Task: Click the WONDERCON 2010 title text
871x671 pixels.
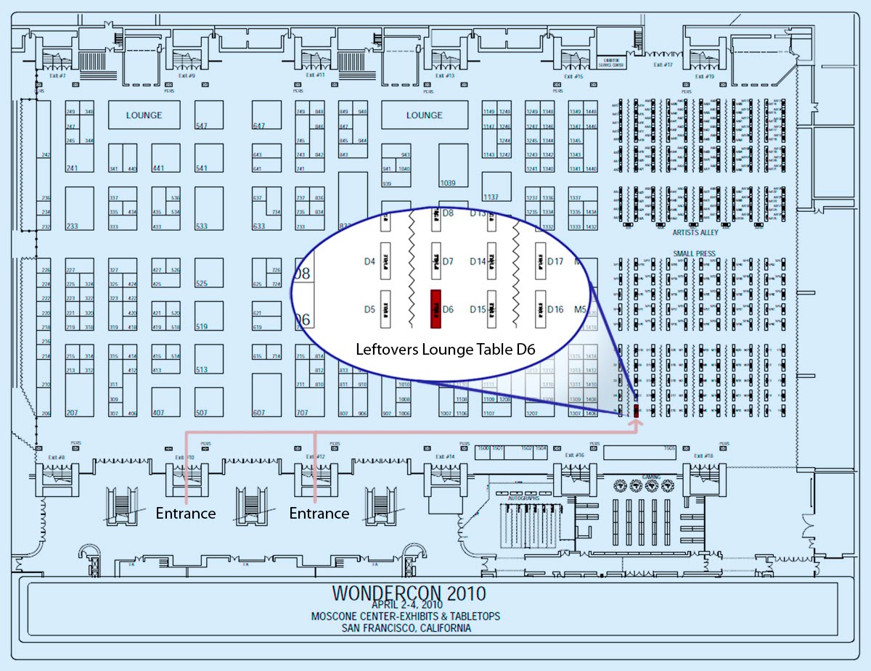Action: point(409,593)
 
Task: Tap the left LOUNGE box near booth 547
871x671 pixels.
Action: point(144,115)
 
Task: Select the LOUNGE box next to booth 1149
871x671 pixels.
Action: point(424,115)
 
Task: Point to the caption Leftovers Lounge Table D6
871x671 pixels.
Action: point(445,349)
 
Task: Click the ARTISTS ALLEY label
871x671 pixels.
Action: point(695,232)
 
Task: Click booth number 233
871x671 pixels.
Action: point(72,226)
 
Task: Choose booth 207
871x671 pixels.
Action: point(72,413)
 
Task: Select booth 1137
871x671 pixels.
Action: point(491,197)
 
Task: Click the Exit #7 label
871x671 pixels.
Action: point(57,75)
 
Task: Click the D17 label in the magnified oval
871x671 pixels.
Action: point(555,261)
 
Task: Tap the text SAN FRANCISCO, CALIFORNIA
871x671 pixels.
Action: point(406,628)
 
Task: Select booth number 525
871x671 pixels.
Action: point(202,284)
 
